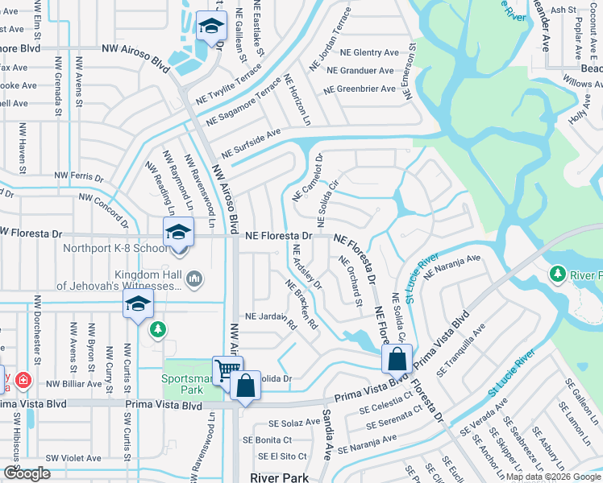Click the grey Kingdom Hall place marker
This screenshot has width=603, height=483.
(193, 279)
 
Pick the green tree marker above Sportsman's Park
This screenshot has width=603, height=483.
(158, 329)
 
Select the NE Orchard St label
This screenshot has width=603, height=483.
(351, 282)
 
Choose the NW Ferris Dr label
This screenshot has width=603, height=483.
(79, 175)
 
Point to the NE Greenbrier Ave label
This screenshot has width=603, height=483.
(360, 89)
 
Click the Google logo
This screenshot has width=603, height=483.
(27, 473)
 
